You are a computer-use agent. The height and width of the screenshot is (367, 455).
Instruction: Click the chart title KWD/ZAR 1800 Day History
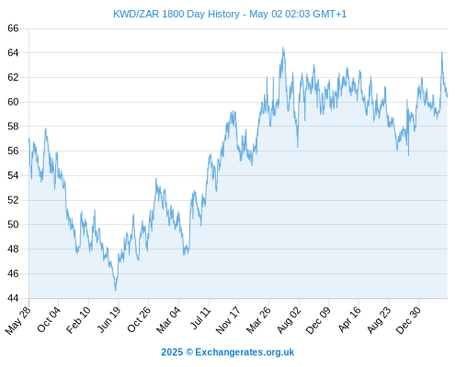[x=176, y=14]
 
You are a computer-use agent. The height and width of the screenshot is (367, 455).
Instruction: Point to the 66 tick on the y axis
[x=13, y=28]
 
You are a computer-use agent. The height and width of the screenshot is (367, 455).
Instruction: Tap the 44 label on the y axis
[x=13, y=298]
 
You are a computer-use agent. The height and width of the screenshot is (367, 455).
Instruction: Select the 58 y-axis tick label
[x=13, y=127]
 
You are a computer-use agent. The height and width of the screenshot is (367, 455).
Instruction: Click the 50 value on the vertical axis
[x=13, y=225]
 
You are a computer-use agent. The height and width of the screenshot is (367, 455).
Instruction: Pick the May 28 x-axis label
[x=18, y=320]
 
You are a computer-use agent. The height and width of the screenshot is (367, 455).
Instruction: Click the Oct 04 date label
[x=50, y=319]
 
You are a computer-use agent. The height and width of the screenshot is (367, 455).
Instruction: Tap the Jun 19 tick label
[x=109, y=319]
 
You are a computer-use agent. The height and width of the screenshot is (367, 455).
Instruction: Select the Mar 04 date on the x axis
[x=169, y=319]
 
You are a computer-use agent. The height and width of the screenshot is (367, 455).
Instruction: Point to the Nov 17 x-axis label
[x=228, y=320]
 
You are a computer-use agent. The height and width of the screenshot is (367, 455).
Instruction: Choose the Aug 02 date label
[x=289, y=319]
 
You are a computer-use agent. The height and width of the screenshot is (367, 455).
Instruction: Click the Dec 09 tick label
[x=318, y=320]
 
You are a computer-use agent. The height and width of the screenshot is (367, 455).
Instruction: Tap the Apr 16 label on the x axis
[x=349, y=319]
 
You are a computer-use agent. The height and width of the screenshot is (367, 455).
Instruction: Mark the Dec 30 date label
[x=408, y=320]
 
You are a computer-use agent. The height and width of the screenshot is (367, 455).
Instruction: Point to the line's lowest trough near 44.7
[x=116, y=290]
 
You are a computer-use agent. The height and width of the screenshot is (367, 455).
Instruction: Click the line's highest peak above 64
[x=283, y=48]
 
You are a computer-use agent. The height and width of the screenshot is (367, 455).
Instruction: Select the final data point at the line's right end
[x=448, y=96]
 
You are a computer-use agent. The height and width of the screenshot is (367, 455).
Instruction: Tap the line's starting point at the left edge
[x=29, y=139]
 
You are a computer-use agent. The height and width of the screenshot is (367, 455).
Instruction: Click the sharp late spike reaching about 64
[x=442, y=52]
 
